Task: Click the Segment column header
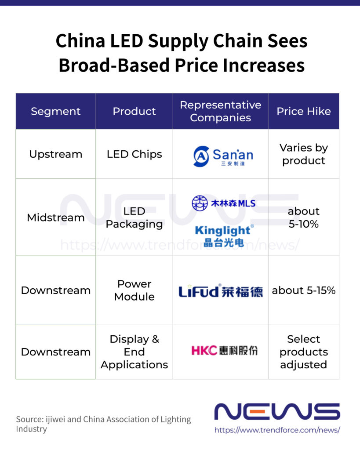[56, 111]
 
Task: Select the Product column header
[134, 111]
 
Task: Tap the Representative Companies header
[220, 111]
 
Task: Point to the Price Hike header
[303, 111]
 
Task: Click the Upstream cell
[56, 154]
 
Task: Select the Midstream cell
[56, 218]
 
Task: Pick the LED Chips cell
[134, 154]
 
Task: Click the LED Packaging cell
[134, 218]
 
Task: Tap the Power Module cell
[134, 290]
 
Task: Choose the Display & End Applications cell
[134, 352]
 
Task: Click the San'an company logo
[223, 156]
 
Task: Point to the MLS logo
[223, 203]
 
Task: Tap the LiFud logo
[220, 291]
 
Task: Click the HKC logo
[224, 350]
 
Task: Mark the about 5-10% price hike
[303, 218]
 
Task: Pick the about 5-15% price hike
[303, 290]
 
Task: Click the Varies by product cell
[303, 154]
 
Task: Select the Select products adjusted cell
[303, 352]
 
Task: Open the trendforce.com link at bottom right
[277, 430]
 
